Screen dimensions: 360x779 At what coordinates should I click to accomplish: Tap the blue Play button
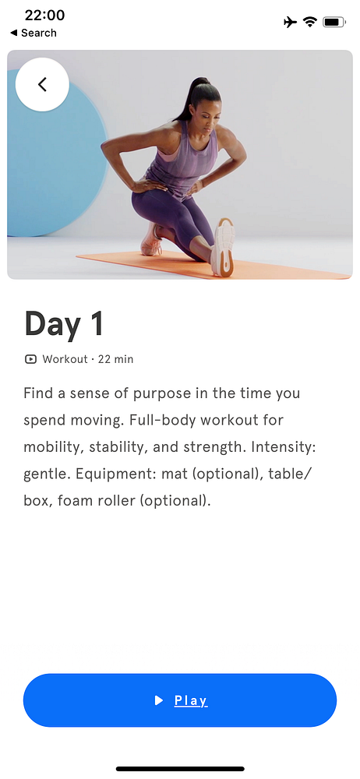pyautogui.click(x=180, y=700)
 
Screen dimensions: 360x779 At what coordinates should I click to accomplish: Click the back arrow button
pyautogui.click(x=42, y=84)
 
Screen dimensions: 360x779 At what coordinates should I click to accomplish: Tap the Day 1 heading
pyautogui.click(x=64, y=324)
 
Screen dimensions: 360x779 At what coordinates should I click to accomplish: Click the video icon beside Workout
pyautogui.click(x=30, y=358)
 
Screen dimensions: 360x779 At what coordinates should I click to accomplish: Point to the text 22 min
pyautogui.click(x=115, y=358)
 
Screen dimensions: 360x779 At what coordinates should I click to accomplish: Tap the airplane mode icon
pyautogui.click(x=291, y=22)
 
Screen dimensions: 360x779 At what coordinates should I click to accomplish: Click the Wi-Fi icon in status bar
pyautogui.click(x=310, y=22)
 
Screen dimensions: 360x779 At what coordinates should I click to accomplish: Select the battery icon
pyautogui.click(x=334, y=22)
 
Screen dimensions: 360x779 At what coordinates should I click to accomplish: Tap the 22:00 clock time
pyautogui.click(x=44, y=16)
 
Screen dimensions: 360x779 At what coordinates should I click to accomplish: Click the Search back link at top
pyautogui.click(x=34, y=33)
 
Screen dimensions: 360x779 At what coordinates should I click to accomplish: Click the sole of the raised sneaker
pyautogui.click(x=224, y=247)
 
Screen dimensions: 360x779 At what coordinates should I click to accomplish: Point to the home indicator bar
pyautogui.click(x=180, y=769)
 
